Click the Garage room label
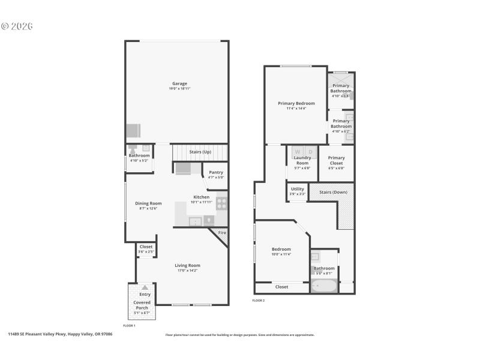point(179,83)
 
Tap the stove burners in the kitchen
point(222,203)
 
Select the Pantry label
point(216,172)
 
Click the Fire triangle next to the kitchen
point(222,233)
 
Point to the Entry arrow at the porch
point(145,287)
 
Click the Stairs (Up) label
point(200,152)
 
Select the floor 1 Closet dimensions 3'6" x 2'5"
point(146,251)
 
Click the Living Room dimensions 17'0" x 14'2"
point(188,271)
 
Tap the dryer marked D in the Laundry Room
point(310,152)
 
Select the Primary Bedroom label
point(296,103)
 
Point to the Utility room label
point(298,189)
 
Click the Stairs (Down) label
point(334,192)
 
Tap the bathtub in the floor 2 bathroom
point(324,286)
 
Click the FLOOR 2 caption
point(259,300)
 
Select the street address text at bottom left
point(60,334)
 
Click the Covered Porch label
point(142,305)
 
